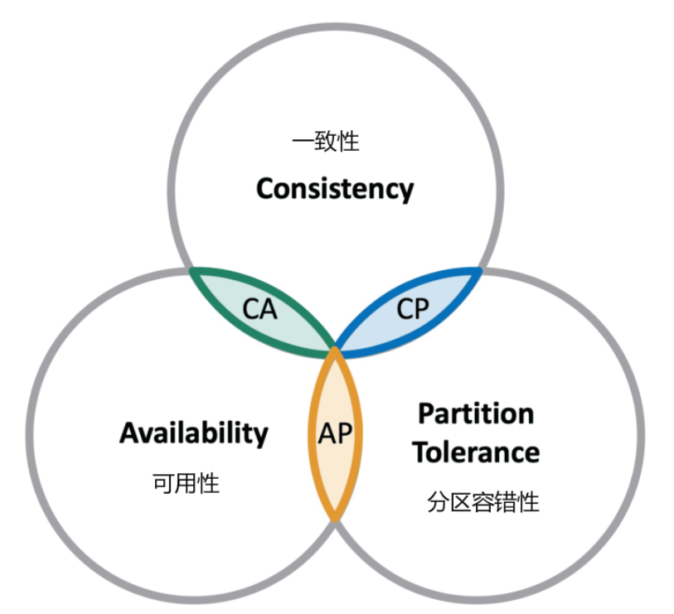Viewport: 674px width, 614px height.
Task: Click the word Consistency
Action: (x=334, y=189)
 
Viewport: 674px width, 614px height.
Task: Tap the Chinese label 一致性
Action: (x=326, y=142)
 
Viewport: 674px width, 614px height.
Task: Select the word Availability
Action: (x=194, y=433)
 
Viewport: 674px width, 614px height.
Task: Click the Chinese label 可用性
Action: (x=187, y=483)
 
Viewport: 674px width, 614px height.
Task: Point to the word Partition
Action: (x=476, y=413)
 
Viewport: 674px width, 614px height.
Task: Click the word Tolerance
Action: (x=476, y=452)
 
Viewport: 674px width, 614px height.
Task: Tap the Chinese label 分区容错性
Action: (x=484, y=502)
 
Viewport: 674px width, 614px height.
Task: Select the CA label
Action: (x=259, y=310)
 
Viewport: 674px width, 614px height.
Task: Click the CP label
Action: (x=412, y=309)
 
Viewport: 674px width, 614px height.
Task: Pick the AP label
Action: (x=335, y=433)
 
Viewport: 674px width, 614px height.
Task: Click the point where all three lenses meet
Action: (x=335, y=351)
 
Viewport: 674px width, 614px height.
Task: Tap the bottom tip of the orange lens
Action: (x=335, y=520)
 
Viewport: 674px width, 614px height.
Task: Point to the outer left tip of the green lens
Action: (x=192, y=269)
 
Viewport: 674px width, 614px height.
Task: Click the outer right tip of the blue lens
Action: (x=479, y=269)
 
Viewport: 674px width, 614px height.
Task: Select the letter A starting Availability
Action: (x=128, y=433)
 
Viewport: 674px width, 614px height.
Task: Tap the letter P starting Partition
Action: (x=426, y=413)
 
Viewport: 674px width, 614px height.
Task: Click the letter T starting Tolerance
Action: (x=422, y=452)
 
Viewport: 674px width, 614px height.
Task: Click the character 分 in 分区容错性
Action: (x=439, y=502)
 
